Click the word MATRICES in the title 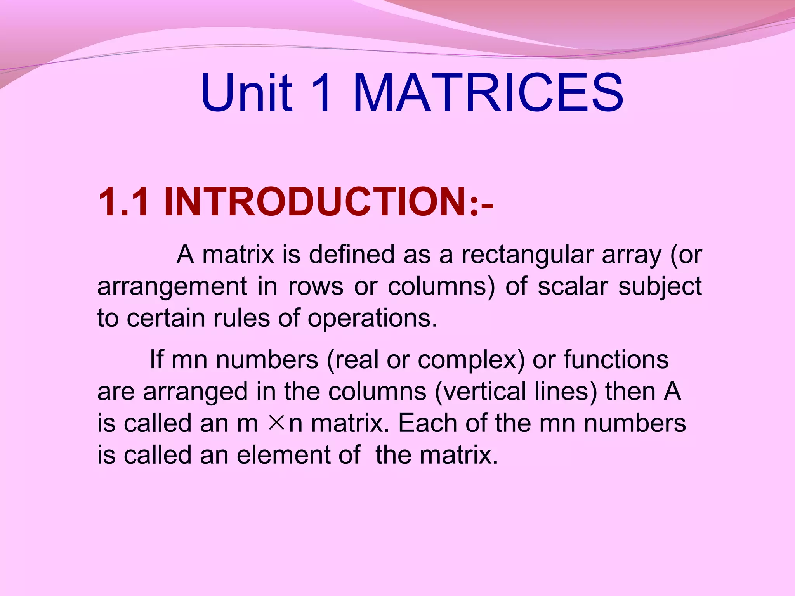488,93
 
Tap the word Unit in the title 246,93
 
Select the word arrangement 172,287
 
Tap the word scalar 573,287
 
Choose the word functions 616,359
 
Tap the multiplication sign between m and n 276,423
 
